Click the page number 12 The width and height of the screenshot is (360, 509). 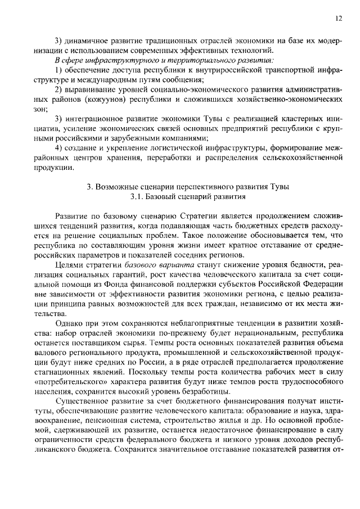337,18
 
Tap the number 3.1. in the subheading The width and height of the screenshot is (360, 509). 137,197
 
